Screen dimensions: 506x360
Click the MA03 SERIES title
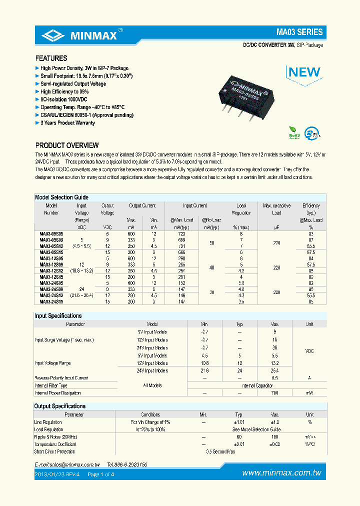pyautogui.click(x=299, y=32)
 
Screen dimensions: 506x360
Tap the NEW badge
pyautogui.click(x=304, y=71)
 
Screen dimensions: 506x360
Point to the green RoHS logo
pyautogui.click(x=294, y=134)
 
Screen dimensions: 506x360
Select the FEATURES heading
pyautogui.click(x=51, y=58)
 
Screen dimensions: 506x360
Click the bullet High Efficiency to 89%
pyautogui.click(x=64, y=92)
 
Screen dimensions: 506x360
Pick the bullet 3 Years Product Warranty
pyautogui.click(x=67, y=123)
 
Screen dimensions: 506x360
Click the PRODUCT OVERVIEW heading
pyautogui.click(x=67, y=145)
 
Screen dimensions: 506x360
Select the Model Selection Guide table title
pyautogui.click(x=61, y=197)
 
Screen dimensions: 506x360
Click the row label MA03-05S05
pyautogui.click(x=51, y=233)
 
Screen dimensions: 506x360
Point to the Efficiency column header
pyautogui.click(x=310, y=205)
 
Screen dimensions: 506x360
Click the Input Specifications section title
pyautogui.click(x=58, y=316)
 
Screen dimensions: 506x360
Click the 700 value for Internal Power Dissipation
pyautogui.click(x=274, y=393)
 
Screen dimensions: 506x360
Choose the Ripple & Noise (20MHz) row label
pyautogui.click(x=55, y=437)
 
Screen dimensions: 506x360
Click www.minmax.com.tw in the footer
pyautogui.click(x=281, y=473)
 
